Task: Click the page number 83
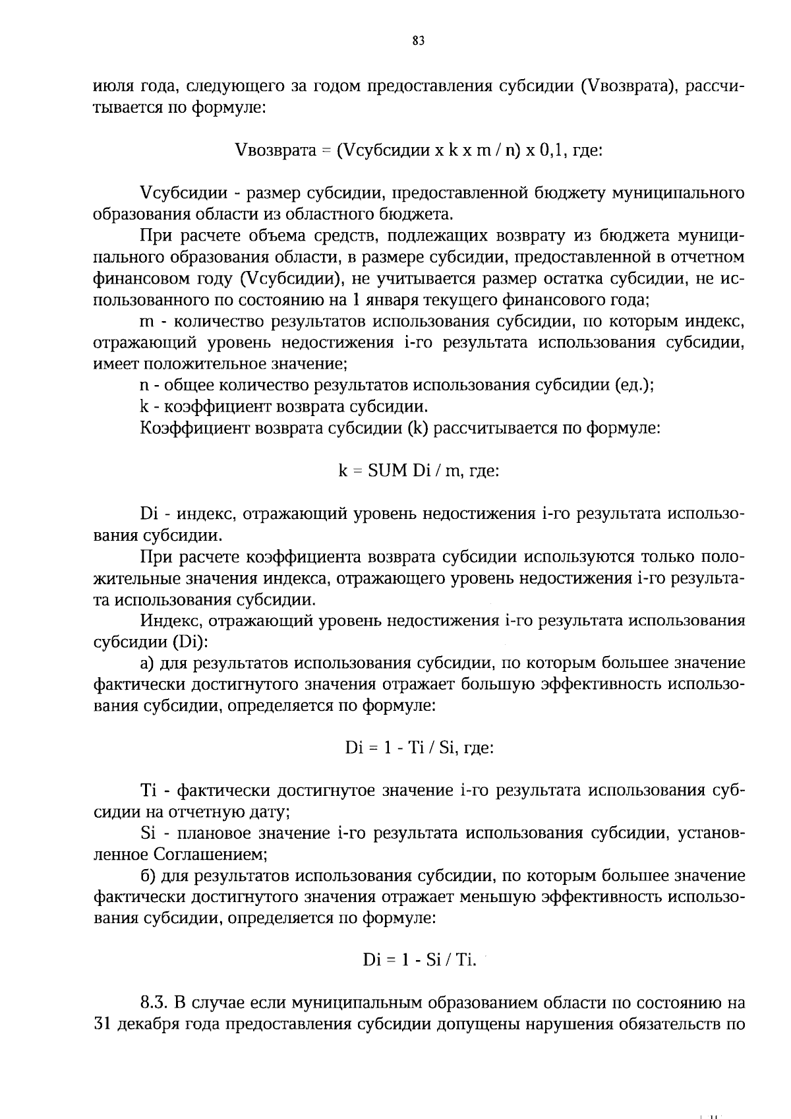tap(418, 41)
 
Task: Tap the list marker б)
tap(148, 876)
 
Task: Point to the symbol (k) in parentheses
tap(418, 428)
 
